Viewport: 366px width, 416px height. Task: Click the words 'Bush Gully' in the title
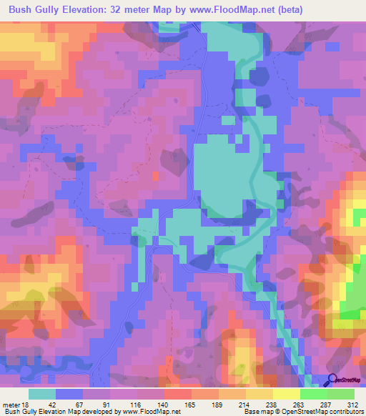pos(34,10)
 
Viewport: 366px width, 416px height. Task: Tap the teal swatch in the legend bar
pos(42,394)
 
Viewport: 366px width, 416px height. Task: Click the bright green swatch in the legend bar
pos(313,394)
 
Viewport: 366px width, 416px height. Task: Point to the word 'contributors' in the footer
pos(346,412)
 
